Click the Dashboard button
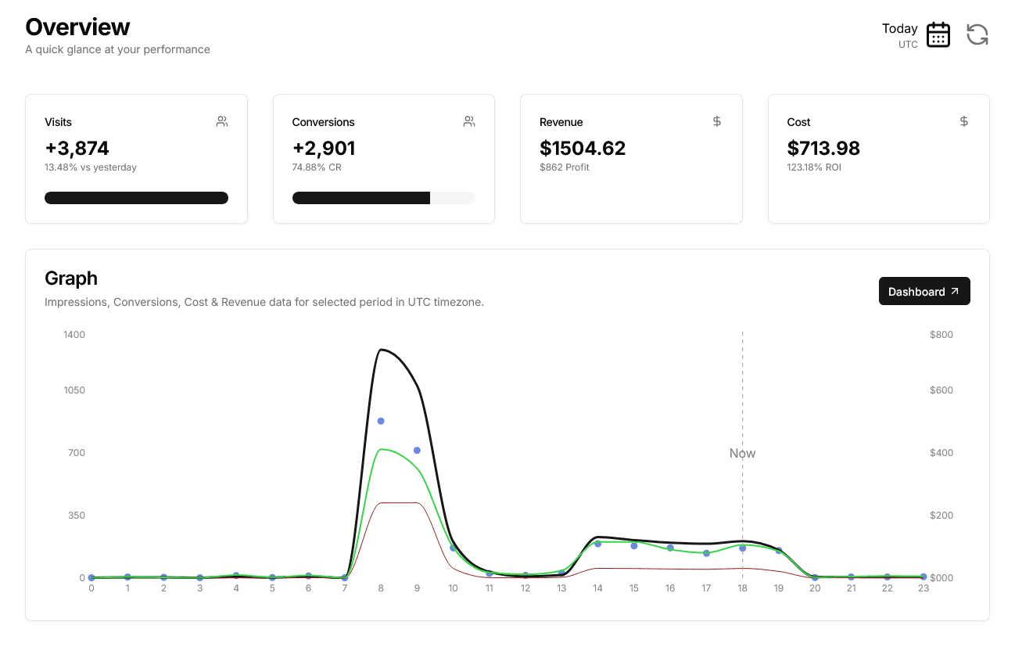[924, 291]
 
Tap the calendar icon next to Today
[938, 35]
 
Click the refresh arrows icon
[977, 34]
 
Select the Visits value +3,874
[77, 148]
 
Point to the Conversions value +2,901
[324, 148]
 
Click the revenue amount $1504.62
[583, 148]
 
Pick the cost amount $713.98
[823, 148]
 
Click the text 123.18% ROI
[814, 167]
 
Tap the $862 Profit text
[564, 167]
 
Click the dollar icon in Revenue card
[716, 121]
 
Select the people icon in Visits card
[222, 121]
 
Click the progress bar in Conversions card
[383, 198]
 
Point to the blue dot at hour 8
[381, 421]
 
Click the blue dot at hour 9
[417, 451]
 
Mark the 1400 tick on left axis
[74, 335]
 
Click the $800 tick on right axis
[941, 335]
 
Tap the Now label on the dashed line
[742, 453]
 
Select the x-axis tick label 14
[597, 588]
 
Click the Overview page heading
[77, 27]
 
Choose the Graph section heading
[71, 278]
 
